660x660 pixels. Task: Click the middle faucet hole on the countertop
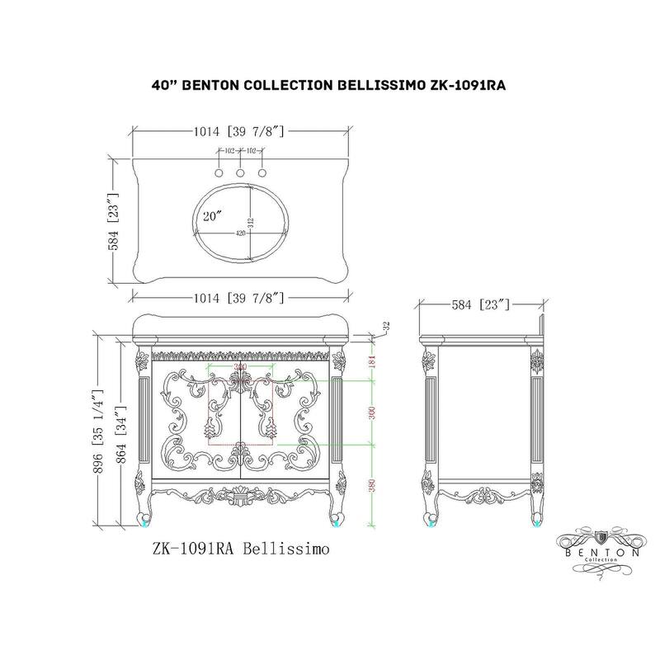(240, 174)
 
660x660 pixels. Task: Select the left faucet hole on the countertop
(219, 174)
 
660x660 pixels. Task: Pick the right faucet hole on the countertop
(262, 174)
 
